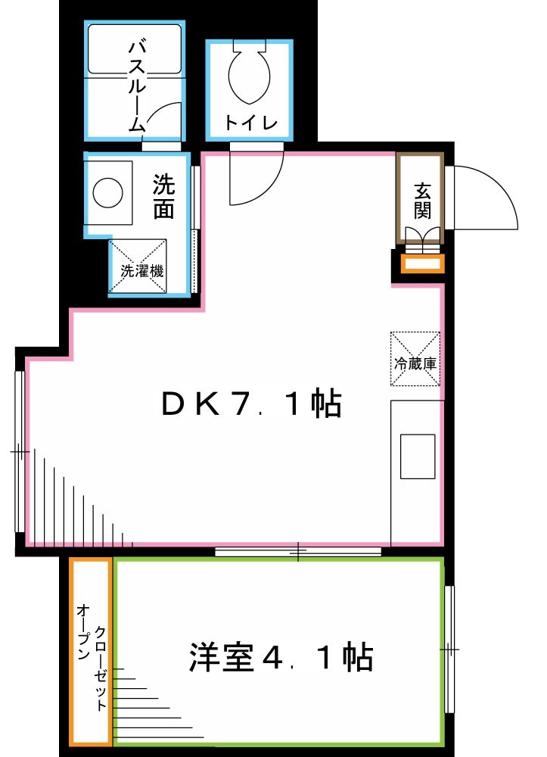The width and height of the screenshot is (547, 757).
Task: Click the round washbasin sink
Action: [x=108, y=192]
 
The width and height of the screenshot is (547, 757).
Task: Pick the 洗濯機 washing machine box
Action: [x=138, y=266]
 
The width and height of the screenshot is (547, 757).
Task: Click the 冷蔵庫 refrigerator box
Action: [x=415, y=360]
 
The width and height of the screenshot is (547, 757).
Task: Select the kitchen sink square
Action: [x=417, y=456]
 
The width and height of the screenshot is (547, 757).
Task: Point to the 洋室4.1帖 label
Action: [x=281, y=657]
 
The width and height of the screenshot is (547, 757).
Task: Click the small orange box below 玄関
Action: [x=423, y=263]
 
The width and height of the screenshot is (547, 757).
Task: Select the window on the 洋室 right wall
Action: [x=449, y=650]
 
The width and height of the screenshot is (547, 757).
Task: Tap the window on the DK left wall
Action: [x=20, y=451]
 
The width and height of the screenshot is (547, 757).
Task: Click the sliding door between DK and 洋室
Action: [x=298, y=551]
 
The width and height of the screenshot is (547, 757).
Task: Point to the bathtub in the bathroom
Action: [x=135, y=48]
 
